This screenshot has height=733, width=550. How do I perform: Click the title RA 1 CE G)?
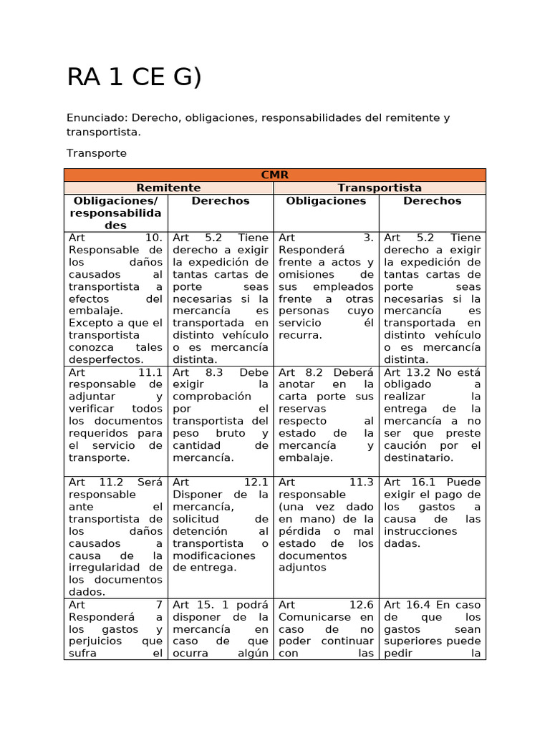coord(134,77)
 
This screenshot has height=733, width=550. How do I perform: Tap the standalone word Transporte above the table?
coord(97,153)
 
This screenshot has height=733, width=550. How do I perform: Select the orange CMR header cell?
coord(275,175)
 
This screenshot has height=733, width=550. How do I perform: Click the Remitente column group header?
coord(169,188)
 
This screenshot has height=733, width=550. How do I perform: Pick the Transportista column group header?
coord(380,188)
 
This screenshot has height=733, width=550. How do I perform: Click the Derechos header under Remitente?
coord(221,201)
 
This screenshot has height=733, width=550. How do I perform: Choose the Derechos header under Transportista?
coord(433,201)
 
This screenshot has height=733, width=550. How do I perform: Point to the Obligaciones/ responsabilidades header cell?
coord(116,213)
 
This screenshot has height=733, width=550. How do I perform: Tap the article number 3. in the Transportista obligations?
coord(368,238)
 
